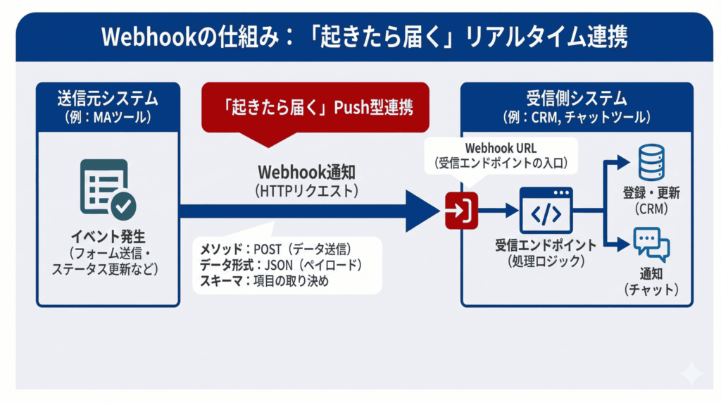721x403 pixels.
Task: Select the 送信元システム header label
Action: [107, 98]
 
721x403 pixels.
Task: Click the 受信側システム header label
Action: [577, 98]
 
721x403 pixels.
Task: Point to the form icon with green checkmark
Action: [108, 187]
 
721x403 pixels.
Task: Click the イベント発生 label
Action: [108, 235]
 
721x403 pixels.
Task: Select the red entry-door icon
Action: [462, 209]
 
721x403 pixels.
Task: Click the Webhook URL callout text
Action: [501, 149]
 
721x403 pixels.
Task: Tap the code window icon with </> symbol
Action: [546, 210]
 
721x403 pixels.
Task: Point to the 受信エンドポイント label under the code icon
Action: [546, 246]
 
